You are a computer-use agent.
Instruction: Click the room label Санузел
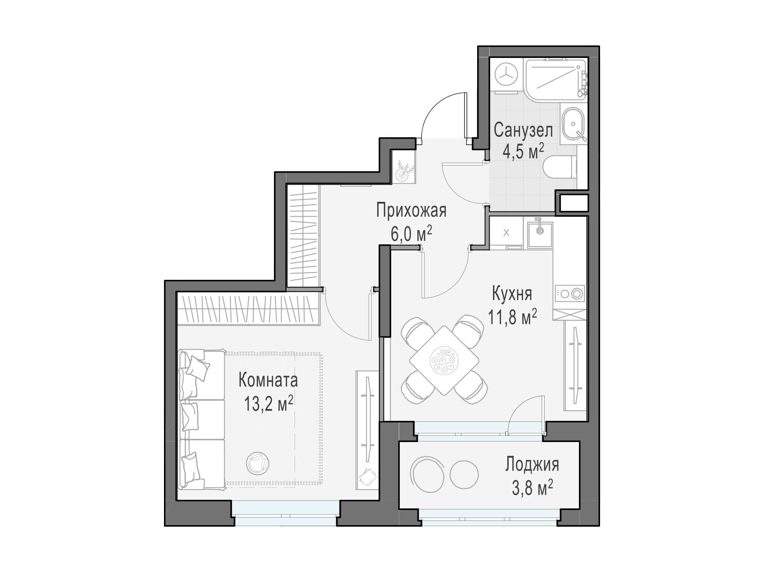point(524,131)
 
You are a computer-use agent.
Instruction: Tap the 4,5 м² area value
point(523,152)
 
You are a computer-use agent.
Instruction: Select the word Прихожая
point(411,211)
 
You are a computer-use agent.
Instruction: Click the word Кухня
point(513,294)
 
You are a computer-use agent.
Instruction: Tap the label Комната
point(268,380)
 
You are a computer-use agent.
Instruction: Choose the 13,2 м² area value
point(268,404)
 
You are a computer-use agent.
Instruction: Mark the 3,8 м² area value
point(532,488)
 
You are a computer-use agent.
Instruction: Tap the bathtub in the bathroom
point(556,80)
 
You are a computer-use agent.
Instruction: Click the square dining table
point(444,360)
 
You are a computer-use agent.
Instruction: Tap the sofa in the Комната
point(201,419)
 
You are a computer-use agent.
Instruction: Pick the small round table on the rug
point(258,463)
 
